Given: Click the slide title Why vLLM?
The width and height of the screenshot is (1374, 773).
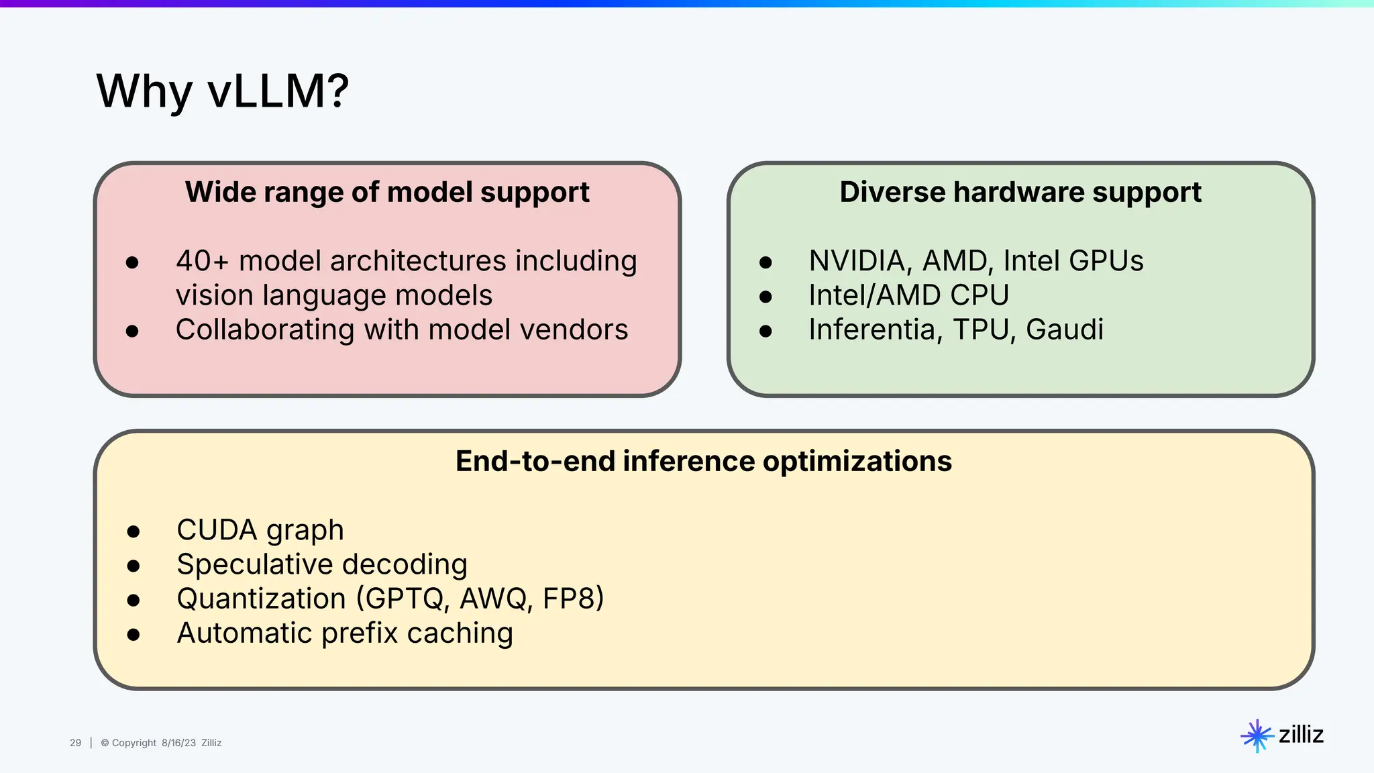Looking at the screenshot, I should (222, 91).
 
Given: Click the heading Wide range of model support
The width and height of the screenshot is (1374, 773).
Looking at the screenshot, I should (387, 193).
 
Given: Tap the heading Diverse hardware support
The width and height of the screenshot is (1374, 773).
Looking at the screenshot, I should (1020, 193).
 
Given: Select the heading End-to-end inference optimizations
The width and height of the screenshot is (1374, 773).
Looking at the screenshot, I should (703, 462).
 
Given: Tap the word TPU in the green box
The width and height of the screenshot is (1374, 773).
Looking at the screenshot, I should (982, 329).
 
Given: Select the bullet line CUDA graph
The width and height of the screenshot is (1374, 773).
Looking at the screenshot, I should (260, 530).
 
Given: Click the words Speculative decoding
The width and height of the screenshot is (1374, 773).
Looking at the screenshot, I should (322, 564).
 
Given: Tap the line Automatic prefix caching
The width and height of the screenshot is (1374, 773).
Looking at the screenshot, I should (345, 633).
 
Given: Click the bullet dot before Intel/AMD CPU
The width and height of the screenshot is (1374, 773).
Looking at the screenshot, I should (765, 297).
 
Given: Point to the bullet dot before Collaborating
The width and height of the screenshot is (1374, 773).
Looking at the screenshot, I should (132, 331).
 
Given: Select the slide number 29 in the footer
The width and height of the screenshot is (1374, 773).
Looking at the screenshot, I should (75, 743).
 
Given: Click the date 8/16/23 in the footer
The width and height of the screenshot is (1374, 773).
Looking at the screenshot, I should (178, 743).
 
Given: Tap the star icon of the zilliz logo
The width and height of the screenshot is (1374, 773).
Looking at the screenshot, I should (1257, 736).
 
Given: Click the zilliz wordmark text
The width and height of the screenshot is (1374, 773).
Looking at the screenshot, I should (1301, 735).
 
